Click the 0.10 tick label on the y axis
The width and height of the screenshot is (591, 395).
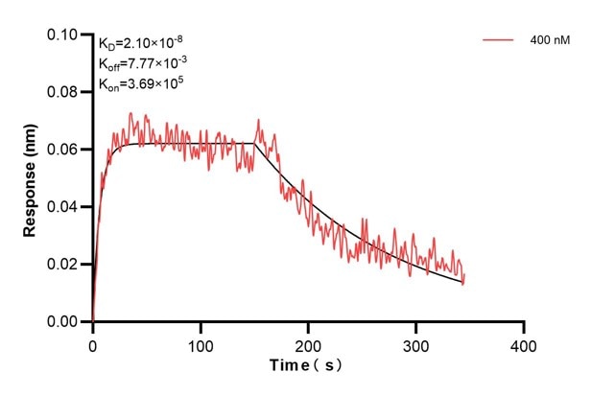coord(64,35)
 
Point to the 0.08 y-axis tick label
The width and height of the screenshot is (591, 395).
coord(64,92)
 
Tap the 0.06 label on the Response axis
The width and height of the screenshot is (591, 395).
coord(64,150)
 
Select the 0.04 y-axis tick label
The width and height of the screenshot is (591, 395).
coord(64,207)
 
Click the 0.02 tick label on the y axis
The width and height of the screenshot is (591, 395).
coord(64,265)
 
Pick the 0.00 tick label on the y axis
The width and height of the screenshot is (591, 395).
coord(64,322)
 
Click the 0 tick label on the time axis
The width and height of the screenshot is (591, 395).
coord(93,341)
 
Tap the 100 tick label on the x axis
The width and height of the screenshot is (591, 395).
coord(201,341)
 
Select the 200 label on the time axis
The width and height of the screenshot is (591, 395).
coord(308,341)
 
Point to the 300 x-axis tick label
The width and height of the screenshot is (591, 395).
coord(415,341)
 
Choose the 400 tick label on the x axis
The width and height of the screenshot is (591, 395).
coord(523,341)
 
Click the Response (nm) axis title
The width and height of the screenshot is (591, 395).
coord(31,178)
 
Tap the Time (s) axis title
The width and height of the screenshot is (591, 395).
coord(307,366)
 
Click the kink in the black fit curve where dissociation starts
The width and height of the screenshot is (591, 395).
coord(254,144)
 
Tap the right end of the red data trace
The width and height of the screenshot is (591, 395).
coord(463,281)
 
